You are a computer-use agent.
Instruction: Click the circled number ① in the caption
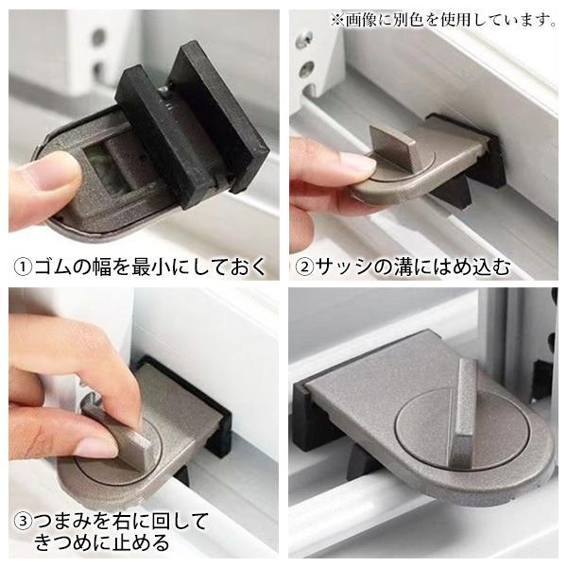(23, 267)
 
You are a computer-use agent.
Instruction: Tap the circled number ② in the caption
(304, 267)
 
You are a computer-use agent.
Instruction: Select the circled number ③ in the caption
(23, 521)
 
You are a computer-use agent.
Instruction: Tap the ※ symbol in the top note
(337, 20)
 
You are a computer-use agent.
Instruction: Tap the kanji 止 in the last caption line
(116, 542)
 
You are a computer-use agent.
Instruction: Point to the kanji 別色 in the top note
(410, 20)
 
